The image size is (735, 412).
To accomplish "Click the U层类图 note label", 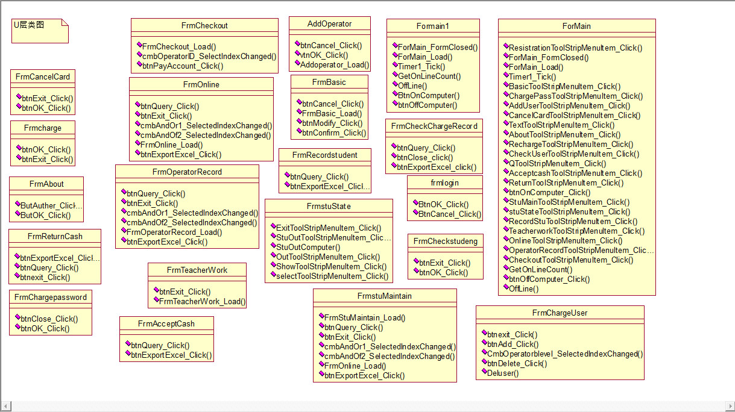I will pos(28,25).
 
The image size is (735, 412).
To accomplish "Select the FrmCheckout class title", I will pos(204,25).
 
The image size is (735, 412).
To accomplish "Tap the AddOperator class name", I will pos(329,23).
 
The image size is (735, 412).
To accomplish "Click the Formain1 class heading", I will pos(432,26).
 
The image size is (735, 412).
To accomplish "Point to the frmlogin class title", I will pos(444,183).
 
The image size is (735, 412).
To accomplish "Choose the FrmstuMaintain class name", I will pos(384,296).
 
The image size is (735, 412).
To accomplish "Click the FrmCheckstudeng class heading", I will pos(445,241).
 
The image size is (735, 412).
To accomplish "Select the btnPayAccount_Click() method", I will pos(183,66).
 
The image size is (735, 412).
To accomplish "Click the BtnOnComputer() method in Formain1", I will pos(428,95).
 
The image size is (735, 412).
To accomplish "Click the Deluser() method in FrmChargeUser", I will pos(502,373).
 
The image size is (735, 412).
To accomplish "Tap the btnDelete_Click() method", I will pos(517,363).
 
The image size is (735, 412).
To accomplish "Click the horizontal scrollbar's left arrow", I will pos(5,407).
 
